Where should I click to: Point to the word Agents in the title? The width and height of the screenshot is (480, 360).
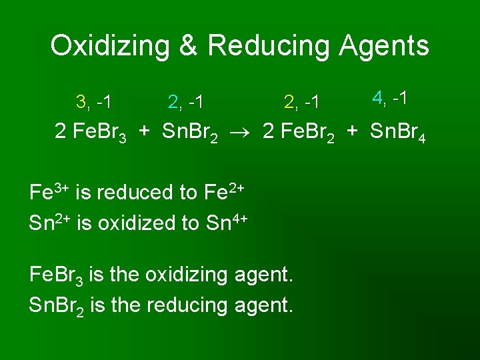pyautogui.click(x=384, y=46)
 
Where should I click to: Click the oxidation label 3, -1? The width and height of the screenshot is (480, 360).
pyautogui.click(x=93, y=102)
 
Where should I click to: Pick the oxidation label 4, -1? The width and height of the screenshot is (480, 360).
pyautogui.click(x=390, y=98)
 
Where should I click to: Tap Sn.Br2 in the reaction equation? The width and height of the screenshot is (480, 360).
pyautogui.click(x=190, y=133)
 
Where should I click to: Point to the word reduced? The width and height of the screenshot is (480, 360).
pyautogui.click(x=133, y=193)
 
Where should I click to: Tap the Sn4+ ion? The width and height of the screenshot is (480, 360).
pyautogui.click(x=226, y=221)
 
